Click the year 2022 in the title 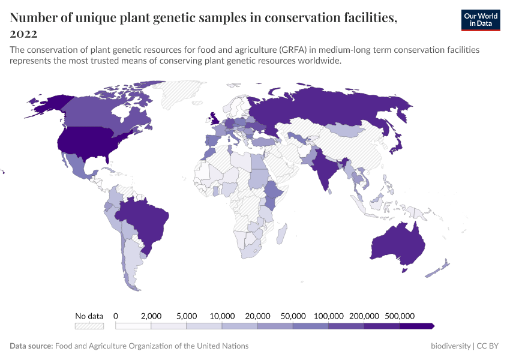(x=23, y=34)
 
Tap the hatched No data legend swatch (x=89, y=326)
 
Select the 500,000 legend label (x=400, y=316)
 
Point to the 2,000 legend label (x=151, y=316)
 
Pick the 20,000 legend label (x=257, y=316)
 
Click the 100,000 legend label (x=329, y=316)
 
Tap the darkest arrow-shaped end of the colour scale (x=417, y=326)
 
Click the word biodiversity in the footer (x=451, y=346)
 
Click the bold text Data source (x=31, y=346)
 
